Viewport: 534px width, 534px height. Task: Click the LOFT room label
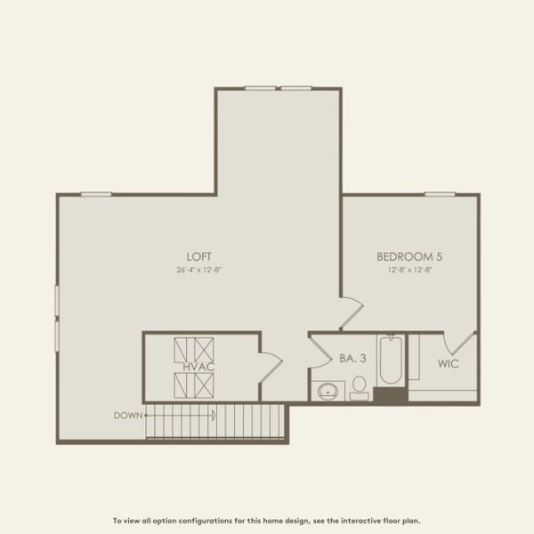198,256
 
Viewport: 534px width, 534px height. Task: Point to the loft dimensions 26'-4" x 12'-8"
198,269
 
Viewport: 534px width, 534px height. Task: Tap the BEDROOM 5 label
409,256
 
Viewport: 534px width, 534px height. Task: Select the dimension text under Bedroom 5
409,269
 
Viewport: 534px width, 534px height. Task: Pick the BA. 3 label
352,359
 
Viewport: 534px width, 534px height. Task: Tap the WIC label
448,364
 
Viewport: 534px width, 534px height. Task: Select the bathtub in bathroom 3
390,360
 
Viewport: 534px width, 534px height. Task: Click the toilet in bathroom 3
360,387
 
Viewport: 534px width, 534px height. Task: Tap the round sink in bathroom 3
328,391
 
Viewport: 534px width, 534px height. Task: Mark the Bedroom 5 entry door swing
350,313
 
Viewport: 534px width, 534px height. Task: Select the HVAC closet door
271,367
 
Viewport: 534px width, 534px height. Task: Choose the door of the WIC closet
461,344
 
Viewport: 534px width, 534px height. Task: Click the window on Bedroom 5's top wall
440,194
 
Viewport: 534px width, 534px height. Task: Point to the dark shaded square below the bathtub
390,394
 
